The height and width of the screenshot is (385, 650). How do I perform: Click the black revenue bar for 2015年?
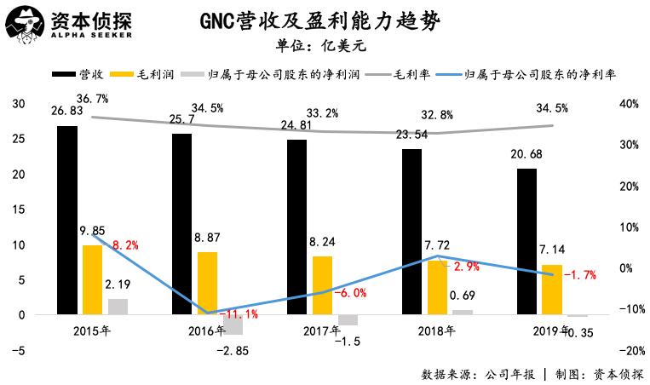tap(67, 220)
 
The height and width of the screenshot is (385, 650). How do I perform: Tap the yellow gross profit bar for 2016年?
tap(207, 283)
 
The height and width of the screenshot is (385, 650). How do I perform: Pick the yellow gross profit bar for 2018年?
tap(436, 287)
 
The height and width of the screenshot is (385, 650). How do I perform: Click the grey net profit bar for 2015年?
tap(118, 307)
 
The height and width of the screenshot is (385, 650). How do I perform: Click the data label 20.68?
tap(526, 155)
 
